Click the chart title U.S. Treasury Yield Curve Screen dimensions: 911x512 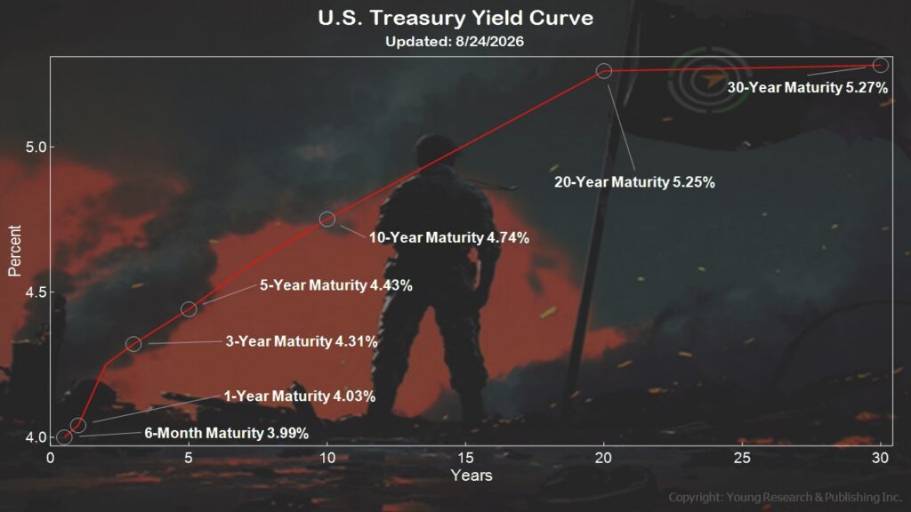pos(455,18)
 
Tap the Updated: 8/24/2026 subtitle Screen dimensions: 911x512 pos(455,42)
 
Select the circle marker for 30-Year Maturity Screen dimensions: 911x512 pos(881,65)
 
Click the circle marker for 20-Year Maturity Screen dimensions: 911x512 pos(604,71)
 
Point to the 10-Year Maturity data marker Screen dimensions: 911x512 pos(327,219)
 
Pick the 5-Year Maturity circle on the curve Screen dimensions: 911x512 pos(189,308)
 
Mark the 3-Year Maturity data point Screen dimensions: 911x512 pos(133,344)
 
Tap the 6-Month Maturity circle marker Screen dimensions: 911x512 pos(64,437)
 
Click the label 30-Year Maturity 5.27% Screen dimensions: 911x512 pos(808,88)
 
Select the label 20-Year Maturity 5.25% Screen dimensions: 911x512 pos(634,182)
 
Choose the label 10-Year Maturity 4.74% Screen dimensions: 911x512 pos(449,237)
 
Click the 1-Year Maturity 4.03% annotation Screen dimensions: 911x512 pos(300,396)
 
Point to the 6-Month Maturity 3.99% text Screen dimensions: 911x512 pos(227,433)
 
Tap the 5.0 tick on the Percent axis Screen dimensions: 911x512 pos(36,147)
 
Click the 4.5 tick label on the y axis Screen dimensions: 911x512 pos(36,292)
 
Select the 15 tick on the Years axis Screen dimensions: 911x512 pos(465,458)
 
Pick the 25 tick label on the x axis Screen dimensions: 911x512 pos(742,458)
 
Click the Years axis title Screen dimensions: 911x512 pos(472,476)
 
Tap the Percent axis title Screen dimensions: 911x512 pos(14,251)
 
